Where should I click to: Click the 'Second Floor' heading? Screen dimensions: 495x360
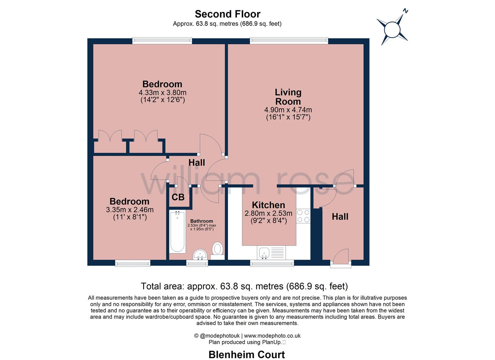point(227,14)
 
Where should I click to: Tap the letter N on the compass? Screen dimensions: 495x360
point(405,11)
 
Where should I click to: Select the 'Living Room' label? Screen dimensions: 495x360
point(288,97)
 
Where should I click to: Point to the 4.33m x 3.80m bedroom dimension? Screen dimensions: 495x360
point(162,92)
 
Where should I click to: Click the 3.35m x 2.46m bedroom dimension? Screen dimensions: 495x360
point(130,210)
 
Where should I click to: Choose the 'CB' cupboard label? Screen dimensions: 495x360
point(178,197)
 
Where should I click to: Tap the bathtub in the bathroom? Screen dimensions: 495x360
point(177,232)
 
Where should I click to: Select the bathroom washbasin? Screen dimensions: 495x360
point(200,255)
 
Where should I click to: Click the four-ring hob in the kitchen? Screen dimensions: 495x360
point(303,216)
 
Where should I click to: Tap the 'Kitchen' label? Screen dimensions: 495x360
point(268,205)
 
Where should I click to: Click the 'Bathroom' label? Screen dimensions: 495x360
point(202,221)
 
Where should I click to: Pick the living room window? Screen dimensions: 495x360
point(289,40)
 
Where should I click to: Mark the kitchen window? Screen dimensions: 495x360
point(272,263)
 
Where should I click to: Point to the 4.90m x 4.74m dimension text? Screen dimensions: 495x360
point(288,110)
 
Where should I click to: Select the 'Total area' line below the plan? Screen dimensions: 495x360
point(244,286)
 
